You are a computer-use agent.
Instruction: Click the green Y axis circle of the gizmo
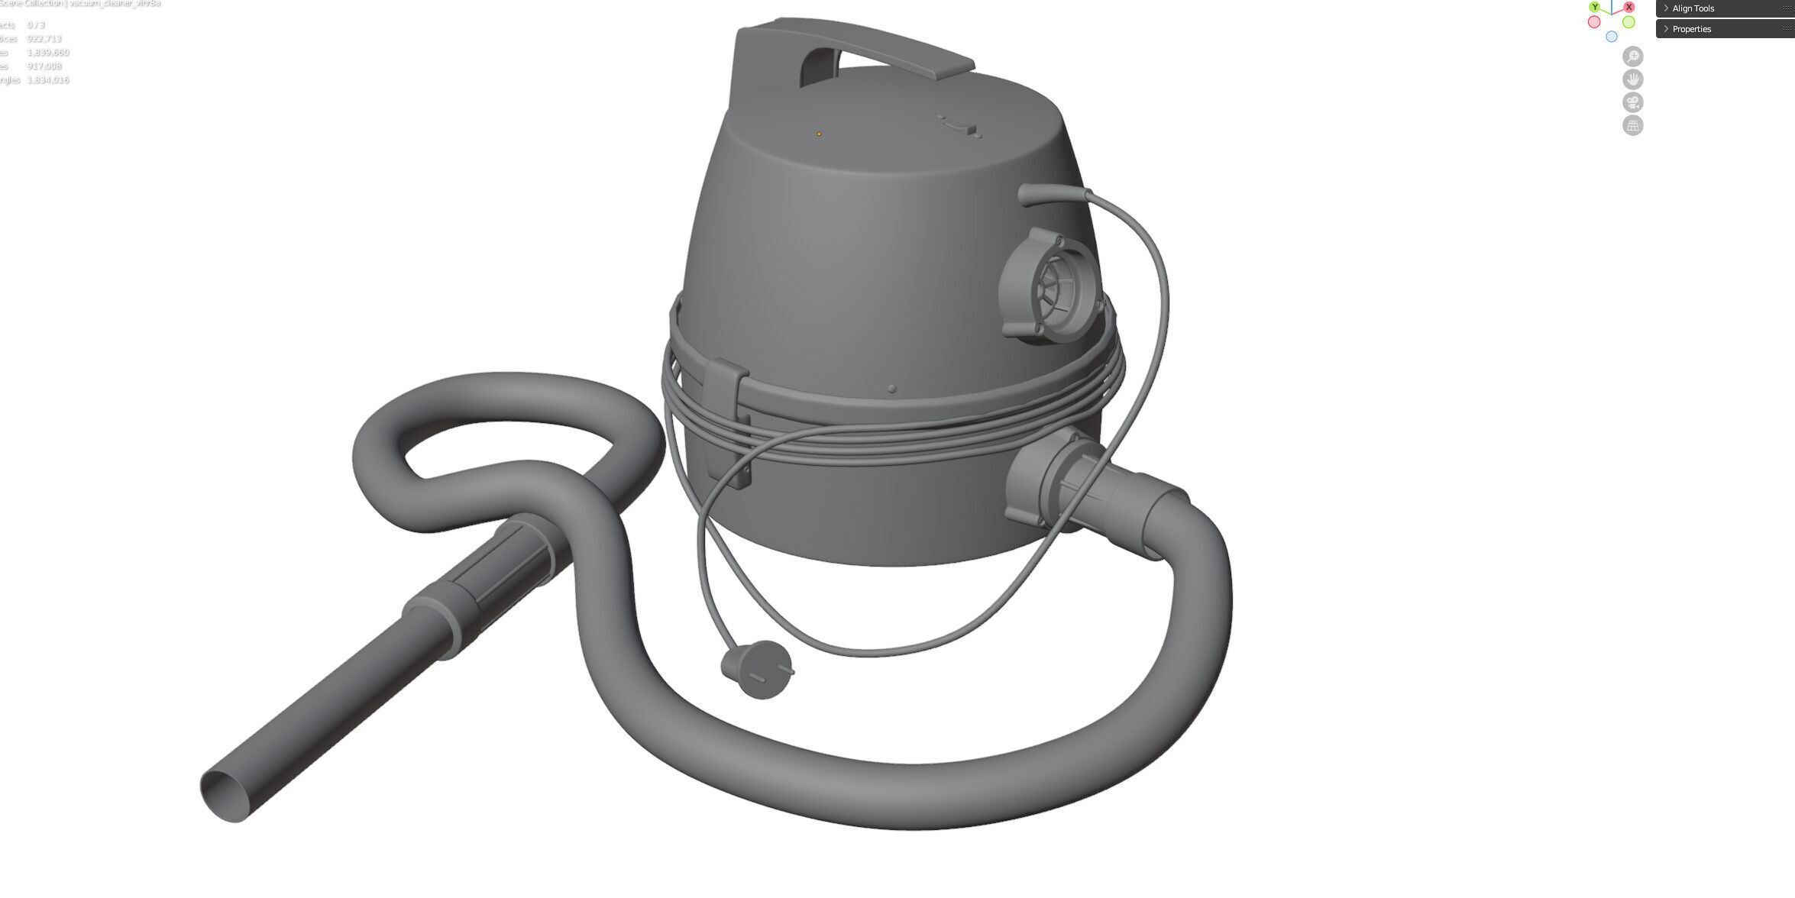[x=1594, y=7]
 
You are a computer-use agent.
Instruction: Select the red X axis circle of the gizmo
[x=1628, y=7]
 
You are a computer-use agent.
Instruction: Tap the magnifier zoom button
[x=1632, y=57]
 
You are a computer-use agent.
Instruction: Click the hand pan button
[x=1632, y=79]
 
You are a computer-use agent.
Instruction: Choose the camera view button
[x=1632, y=102]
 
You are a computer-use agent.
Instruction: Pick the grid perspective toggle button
[x=1632, y=125]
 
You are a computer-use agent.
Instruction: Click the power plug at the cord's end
[x=757, y=669]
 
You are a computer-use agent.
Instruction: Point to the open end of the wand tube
[x=225, y=796]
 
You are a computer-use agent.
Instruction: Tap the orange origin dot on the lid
[x=819, y=134]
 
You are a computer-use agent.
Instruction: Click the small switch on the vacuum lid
[x=959, y=126]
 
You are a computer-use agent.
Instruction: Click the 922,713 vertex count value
[x=44, y=39]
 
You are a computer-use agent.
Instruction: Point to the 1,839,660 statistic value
[x=47, y=53]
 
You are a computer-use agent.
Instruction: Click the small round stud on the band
[x=891, y=389]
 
